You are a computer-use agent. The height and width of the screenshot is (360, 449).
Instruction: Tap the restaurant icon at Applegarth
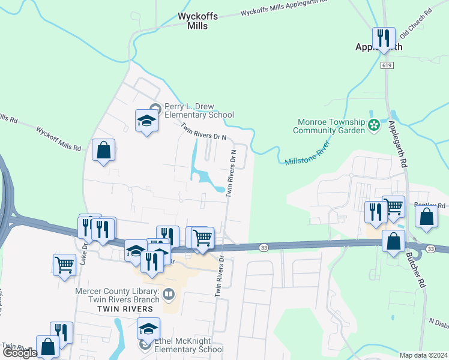coord(383,38)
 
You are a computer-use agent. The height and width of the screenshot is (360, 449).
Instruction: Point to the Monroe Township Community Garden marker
coord(374,125)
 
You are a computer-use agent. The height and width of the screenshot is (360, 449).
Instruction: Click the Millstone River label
coord(307,154)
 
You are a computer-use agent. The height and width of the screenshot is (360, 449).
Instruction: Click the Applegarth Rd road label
coord(397,143)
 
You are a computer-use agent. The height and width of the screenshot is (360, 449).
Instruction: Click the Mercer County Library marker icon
coord(169,294)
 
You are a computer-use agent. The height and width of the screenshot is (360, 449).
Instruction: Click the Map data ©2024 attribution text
coord(423,355)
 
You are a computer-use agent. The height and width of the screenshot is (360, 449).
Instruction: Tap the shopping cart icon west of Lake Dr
coord(64,264)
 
